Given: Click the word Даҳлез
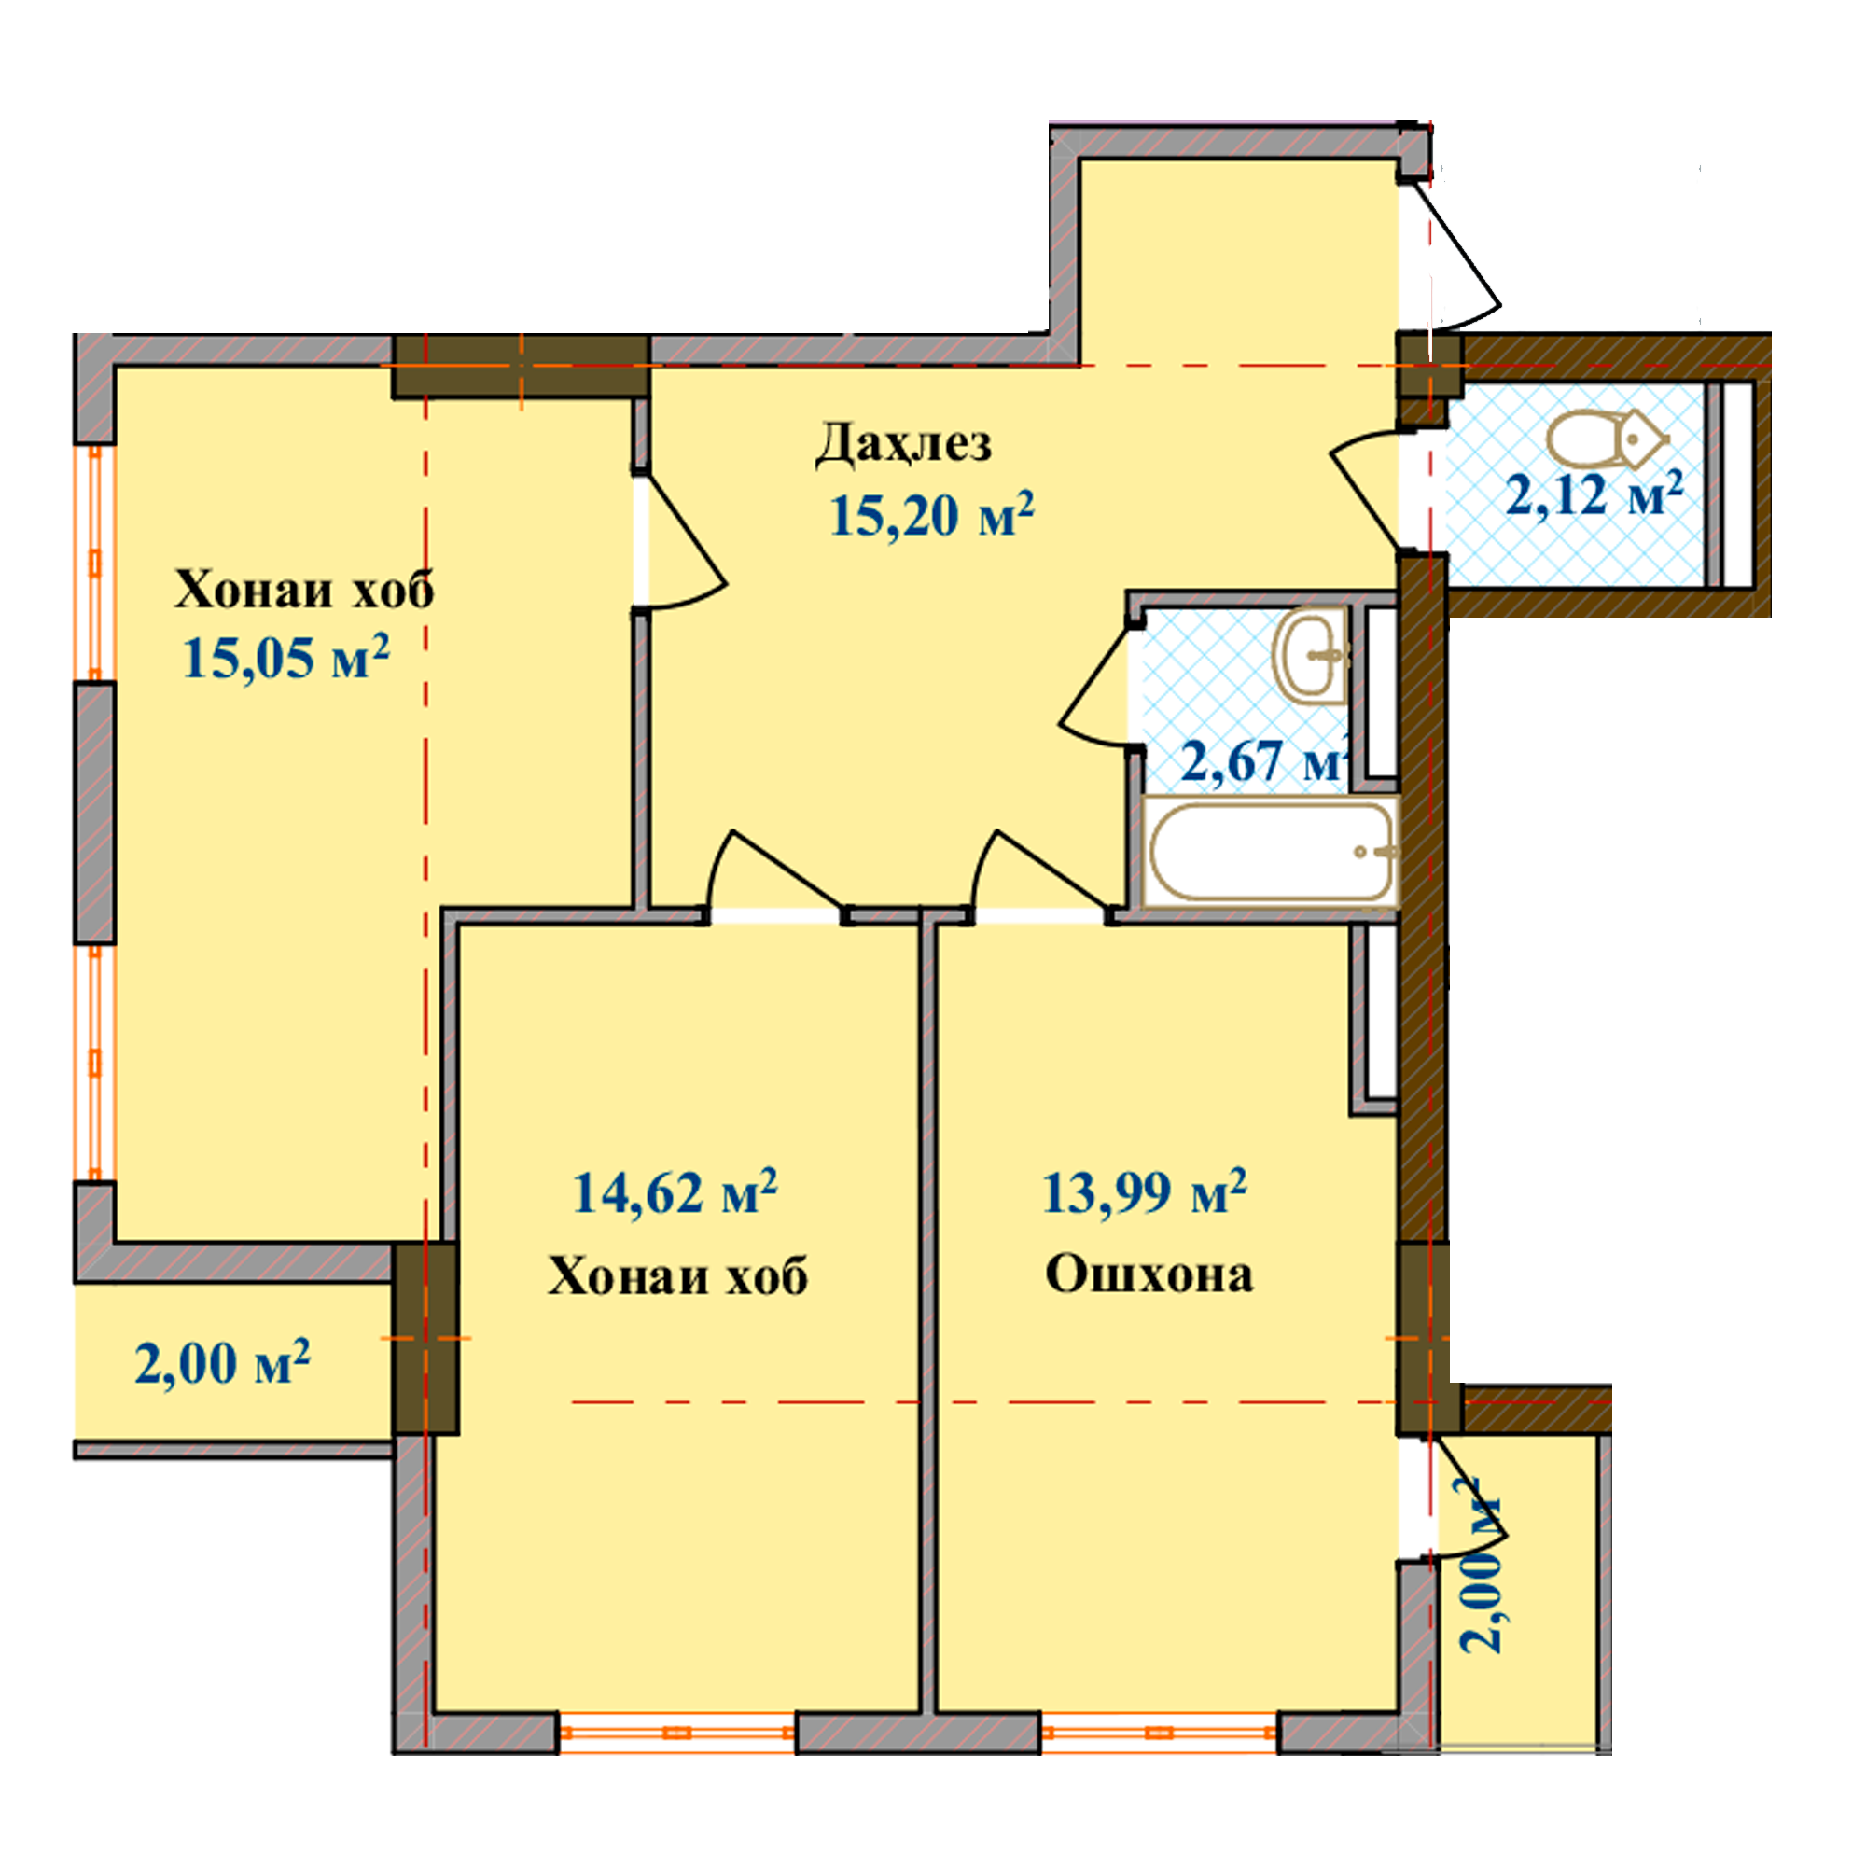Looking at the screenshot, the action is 903,445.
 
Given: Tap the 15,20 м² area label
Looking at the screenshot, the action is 932,514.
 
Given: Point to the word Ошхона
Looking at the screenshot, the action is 1149,1274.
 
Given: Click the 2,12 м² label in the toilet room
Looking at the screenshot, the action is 1594,494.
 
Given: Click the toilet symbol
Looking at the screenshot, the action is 1608,439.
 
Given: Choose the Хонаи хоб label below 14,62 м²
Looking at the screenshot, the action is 678,1275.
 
